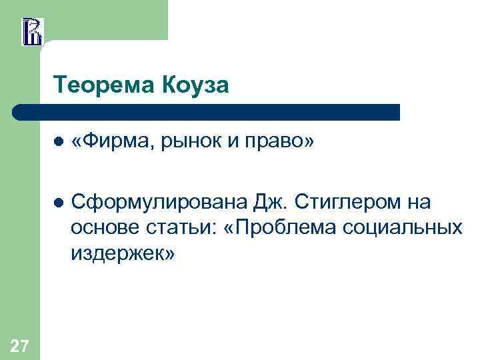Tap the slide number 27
point(20,345)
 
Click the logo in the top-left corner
point(32,31)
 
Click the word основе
point(103,227)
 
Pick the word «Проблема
point(282,227)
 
